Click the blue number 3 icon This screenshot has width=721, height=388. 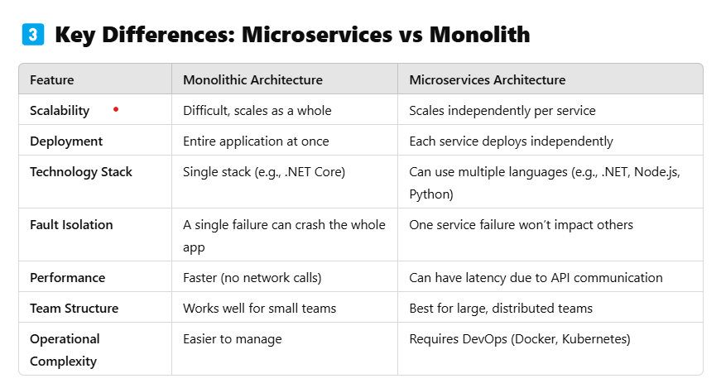pyautogui.click(x=31, y=36)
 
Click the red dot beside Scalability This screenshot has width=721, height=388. pyautogui.click(x=116, y=109)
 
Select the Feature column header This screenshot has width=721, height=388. pyautogui.click(x=51, y=80)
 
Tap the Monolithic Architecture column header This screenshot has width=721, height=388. pyautogui.click(x=252, y=80)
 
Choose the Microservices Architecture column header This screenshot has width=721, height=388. pyautogui.click(x=488, y=80)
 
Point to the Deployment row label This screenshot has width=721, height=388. pyautogui.click(x=66, y=141)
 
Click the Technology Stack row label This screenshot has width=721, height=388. pyautogui.click(x=81, y=172)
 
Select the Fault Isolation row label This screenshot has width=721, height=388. pyautogui.click(x=71, y=225)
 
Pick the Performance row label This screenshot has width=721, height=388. pyautogui.click(x=68, y=278)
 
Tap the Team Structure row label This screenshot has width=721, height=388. pyautogui.click(x=74, y=309)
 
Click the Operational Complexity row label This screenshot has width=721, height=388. pyautogui.click(x=65, y=350)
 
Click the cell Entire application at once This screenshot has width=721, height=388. pyautogui.click(x=257, y=141)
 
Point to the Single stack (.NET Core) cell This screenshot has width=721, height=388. pyautogui.click(x=263, y=172)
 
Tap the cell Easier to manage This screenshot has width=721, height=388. pyautogui.click(x=233, y=339)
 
